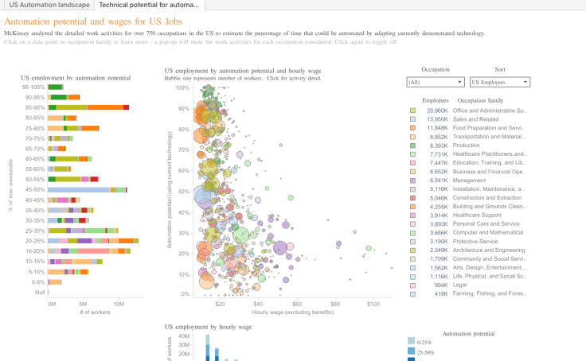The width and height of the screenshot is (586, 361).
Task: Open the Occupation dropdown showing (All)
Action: coord(435,82)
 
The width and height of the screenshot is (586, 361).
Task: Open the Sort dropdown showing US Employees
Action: coord(499,82)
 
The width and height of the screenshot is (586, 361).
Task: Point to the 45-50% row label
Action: coord(35,189)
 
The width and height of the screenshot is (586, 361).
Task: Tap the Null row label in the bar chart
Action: coord(40,292)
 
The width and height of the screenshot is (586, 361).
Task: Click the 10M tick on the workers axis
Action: coord(119,303)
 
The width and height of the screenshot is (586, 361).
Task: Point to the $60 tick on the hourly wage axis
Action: coord(297,303)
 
